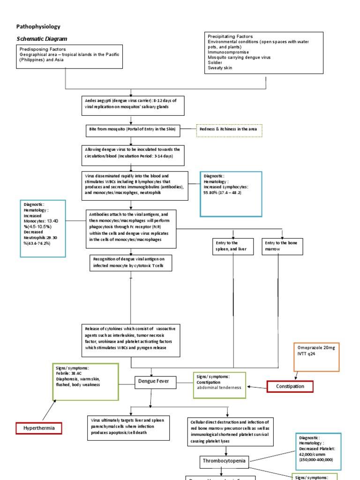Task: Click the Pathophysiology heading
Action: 38,27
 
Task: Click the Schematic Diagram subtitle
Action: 42,39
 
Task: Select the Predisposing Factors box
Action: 69,57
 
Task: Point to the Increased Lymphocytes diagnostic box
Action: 231,194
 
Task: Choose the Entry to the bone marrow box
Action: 282,246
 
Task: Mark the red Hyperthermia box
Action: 38,428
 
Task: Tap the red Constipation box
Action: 290,387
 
